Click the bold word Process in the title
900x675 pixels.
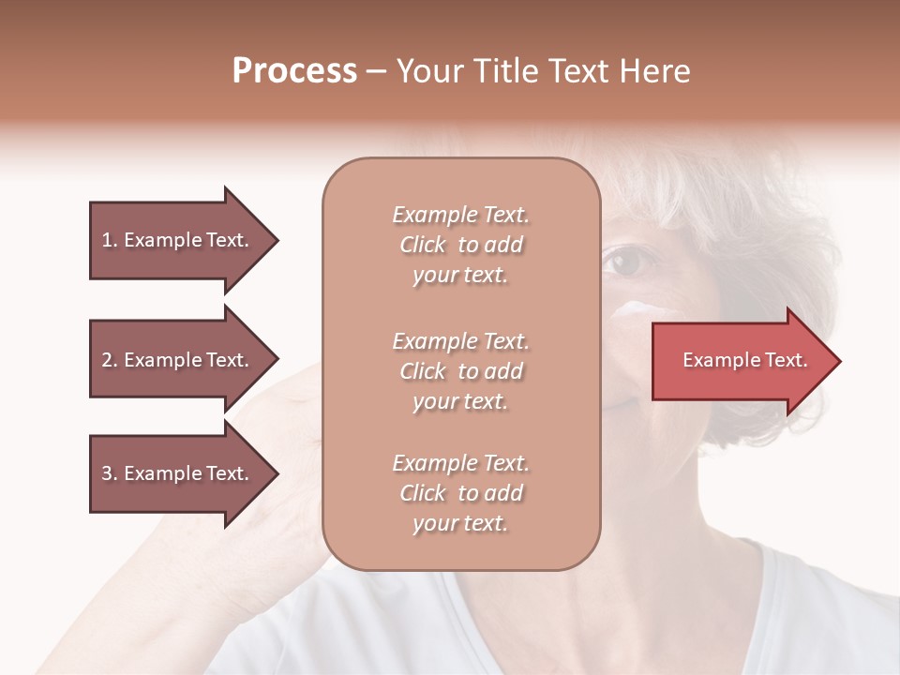pos(294,71)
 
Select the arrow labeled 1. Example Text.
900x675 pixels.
pos(178,240)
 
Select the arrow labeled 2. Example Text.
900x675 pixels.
pos(178,360)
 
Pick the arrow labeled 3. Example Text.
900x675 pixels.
pos(178,473)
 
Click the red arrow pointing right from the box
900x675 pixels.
pos(741,361)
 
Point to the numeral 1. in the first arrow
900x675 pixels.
pos(109,240)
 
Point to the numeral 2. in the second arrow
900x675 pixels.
pos(109,360)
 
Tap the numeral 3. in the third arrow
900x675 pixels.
pos(109,473)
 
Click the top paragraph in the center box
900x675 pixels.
pos(460,245)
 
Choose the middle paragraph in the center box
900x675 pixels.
pos(460,371)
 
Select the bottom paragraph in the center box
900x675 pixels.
pos(460,493)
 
